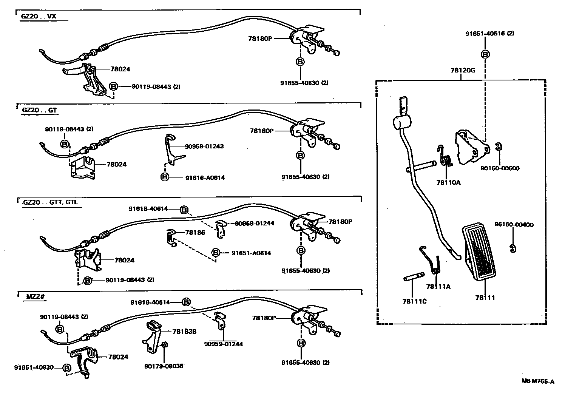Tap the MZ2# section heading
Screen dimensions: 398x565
(x=36, y=296)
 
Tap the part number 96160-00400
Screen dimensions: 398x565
(x=514, y=225)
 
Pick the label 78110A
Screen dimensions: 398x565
(x=448, y=182)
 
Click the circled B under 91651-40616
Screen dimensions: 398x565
(x=485, y=54)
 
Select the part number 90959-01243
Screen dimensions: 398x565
(x=204, y=146)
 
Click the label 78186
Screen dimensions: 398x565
(x=195, y=233)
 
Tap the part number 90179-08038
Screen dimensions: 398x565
(x=164, y=366)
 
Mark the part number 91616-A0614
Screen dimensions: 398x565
(x=205, y=177)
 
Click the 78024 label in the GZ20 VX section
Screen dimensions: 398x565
(x=120, y=69)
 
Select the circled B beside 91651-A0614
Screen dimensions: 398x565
(x=216, y=253)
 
